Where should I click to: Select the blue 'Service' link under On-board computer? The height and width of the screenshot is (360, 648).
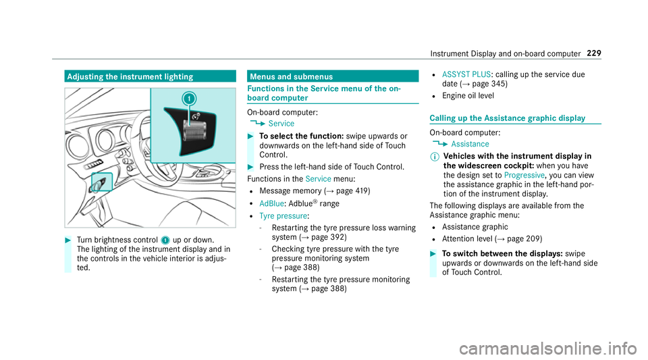pos(281,124)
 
